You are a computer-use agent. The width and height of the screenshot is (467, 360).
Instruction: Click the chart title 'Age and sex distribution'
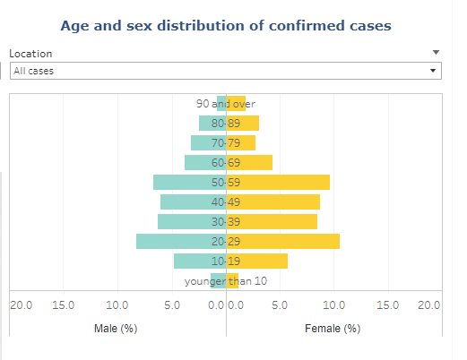tap(226, 26)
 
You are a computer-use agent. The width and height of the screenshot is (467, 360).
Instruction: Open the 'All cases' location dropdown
tap(225, 70)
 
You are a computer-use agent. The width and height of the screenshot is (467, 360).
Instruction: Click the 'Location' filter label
tap(30, 54)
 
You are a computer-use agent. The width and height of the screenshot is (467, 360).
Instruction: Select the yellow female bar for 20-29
tap(283, 241)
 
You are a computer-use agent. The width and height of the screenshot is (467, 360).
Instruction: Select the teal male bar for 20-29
tap(181, 241)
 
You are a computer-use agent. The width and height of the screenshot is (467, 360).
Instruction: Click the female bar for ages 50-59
tap(278, 182)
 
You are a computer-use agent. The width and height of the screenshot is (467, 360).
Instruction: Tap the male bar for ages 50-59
tap(189, 182)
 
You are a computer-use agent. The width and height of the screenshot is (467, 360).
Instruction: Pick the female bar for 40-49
tap(273, 201)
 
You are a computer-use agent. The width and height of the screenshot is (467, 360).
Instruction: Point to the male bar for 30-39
tap(192, 221)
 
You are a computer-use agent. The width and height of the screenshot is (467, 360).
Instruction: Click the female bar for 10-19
tap(257, 261)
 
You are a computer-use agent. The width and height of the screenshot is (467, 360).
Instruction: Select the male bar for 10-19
tap(200, 261)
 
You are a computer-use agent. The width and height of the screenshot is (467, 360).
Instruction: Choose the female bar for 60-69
tap(249, 162)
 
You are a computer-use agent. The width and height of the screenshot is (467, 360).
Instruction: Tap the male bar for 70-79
tap(208, 142)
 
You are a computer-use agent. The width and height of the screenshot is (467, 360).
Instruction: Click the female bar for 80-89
tap(243, 123)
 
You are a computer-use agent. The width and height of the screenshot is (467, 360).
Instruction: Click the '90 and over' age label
tap(226, 103)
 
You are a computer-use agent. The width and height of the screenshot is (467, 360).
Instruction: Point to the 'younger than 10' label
tap(226, 281)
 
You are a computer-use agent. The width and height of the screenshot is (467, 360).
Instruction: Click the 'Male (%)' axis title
tap(116, 329)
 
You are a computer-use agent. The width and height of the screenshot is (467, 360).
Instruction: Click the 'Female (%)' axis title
tap(333, 329)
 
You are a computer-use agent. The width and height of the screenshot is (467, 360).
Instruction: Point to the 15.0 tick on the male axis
tap(63, 305)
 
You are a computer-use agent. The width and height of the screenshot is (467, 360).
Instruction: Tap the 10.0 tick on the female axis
tap(333, 305)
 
